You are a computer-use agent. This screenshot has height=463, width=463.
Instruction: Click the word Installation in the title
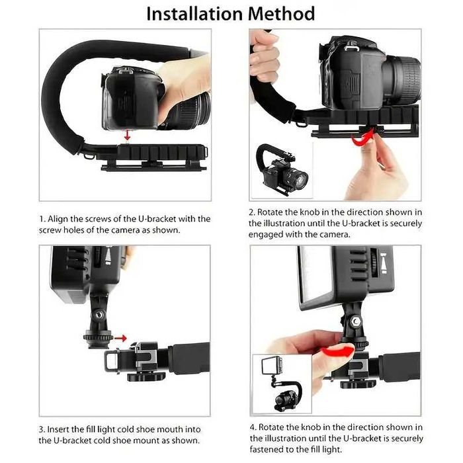pyautogui.click(x=192, y=13)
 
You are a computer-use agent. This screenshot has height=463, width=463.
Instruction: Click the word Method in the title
pyautogui.click(x=280, y=13)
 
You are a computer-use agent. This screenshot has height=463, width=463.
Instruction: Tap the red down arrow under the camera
pyautogui.click(x=127, y=135)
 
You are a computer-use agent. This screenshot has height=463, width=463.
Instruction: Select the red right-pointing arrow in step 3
pyautogui.click(x=120, y=338)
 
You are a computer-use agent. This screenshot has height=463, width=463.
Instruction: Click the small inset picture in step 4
pyautogui.click(x=277, y=382)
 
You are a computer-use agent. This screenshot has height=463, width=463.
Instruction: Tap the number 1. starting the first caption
pyautogui.click(x=42, y=218)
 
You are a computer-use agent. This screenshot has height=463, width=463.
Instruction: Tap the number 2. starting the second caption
pyautogui.click(x=252, y=212)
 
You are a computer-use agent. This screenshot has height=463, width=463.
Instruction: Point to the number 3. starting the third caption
pyautogui.click(x=42, y=429)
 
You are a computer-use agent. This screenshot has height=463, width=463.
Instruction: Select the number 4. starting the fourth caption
pyautogui.click(x=253, y=427)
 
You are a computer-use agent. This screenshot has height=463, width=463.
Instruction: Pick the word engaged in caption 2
pyautogui.click(x=269, y=235)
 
